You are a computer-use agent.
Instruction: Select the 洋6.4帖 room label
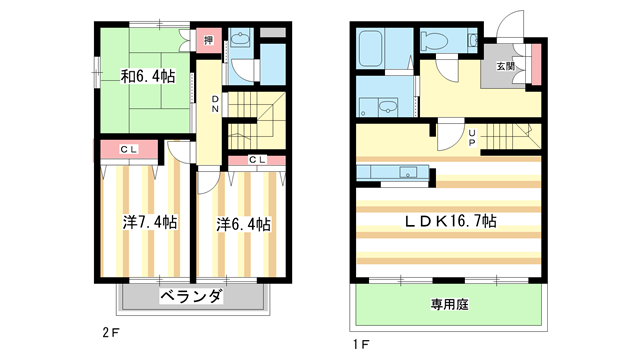point(243,224)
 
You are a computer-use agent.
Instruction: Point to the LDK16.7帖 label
point(450,221)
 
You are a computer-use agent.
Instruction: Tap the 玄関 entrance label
point(505,67)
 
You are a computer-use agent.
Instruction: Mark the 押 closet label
point(208,40)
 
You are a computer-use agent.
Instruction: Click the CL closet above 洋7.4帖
point(129,150)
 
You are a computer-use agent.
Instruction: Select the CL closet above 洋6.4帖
point(256,160)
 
